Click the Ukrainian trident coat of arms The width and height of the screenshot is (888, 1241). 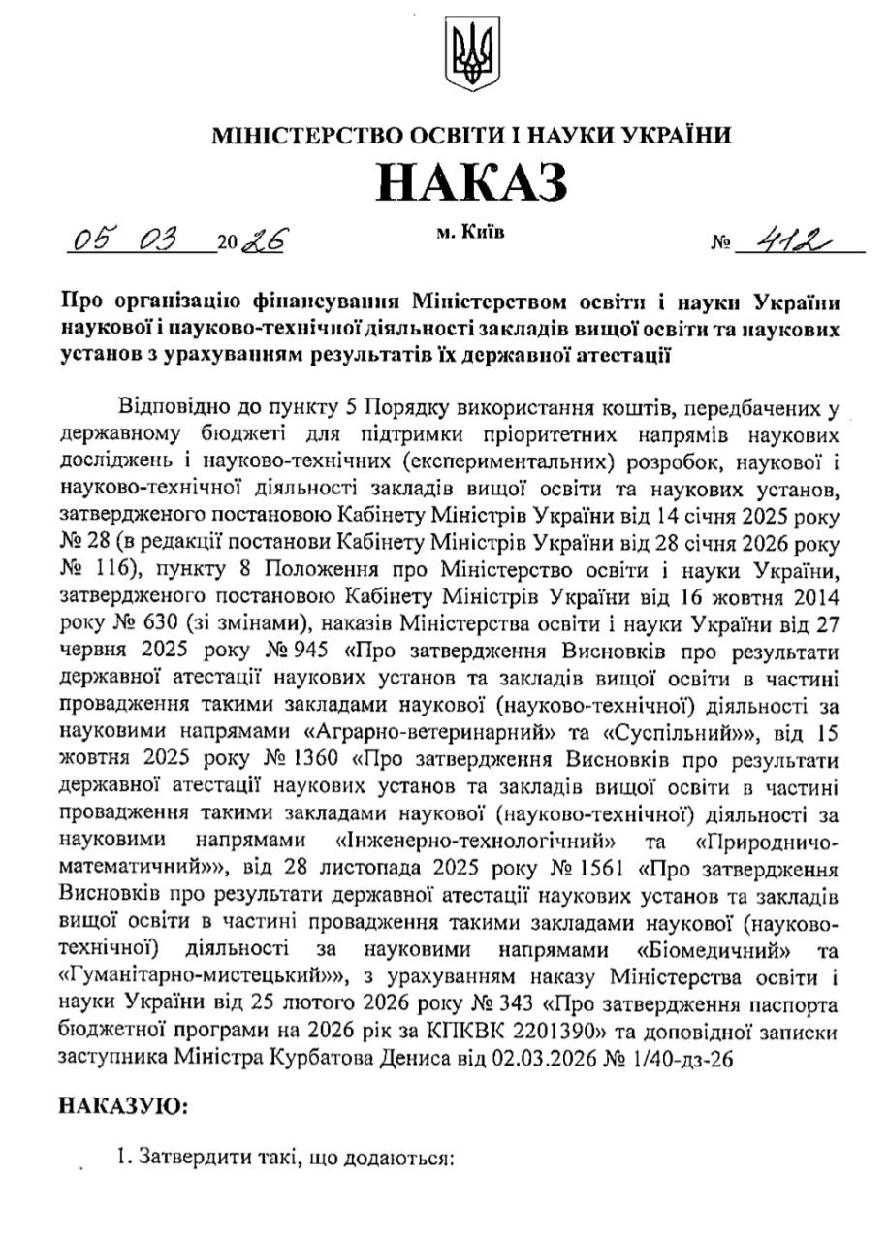[471, 55]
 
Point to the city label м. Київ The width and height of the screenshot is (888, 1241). [470, 232]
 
